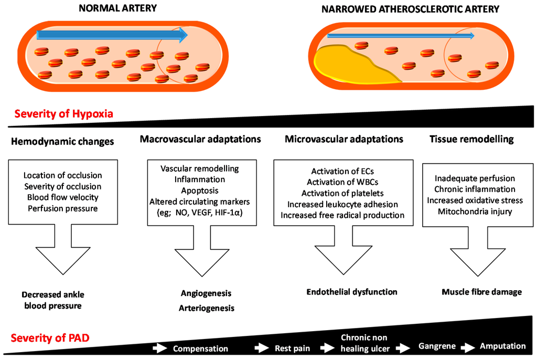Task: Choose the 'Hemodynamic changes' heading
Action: point(62,142)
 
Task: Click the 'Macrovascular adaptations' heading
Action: point(200,139)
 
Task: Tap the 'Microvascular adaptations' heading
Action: point(344,139)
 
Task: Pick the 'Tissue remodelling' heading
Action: point(471,139)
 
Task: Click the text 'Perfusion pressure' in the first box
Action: point(63,208)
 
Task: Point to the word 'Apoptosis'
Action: point(200,191)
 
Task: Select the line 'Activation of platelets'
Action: point(343,194)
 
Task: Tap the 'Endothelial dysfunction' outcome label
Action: point(352,292)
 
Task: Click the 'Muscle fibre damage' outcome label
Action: point(481,292)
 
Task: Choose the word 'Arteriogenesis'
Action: point(207,308)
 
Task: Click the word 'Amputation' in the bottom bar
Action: point(502,346)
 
